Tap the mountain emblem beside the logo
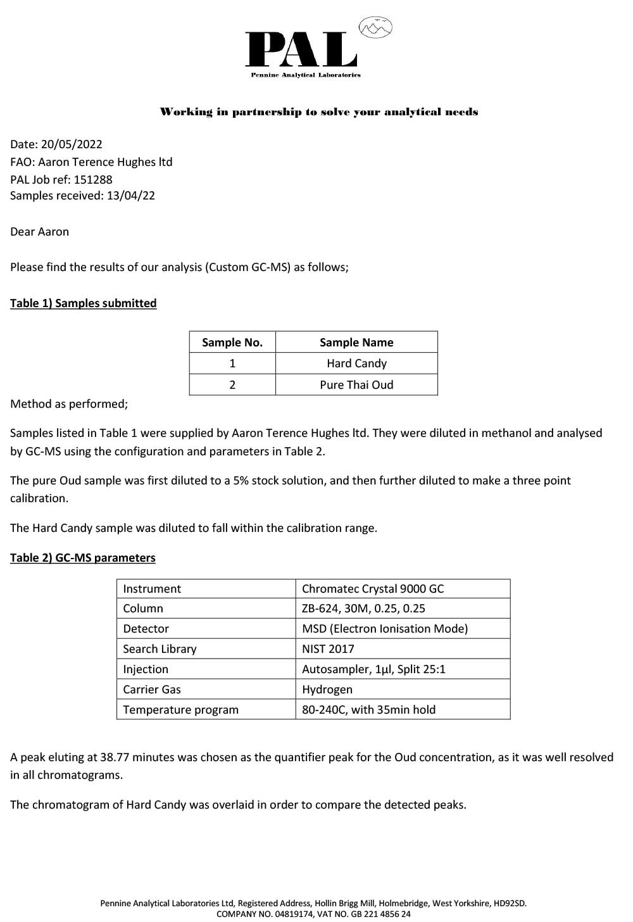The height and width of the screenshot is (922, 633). [375, 27]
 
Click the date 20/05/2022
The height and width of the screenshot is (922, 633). [72, 144]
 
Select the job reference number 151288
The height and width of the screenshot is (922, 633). [93, 179]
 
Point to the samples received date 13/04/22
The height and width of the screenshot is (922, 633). [131, 196]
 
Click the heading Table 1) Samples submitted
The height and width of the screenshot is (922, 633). [83, 303]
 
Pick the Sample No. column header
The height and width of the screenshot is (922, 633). [232, 343]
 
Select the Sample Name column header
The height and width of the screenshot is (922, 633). [356, 343]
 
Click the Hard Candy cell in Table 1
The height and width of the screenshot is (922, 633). [356, 363]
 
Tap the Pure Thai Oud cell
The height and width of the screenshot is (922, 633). [356, 385]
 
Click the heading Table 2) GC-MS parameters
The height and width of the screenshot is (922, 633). [82, 558]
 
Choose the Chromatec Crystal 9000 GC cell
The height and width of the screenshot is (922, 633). [373, 589]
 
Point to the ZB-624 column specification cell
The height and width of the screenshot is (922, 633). [363, 609]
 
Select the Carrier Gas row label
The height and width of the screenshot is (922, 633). [152, 690]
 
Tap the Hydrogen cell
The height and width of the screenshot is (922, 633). [327, 690]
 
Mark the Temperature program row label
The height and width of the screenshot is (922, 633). [180, 710]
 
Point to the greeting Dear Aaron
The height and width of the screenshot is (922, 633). [39, 232]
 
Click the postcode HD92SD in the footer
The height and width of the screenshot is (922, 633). [508, 904]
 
